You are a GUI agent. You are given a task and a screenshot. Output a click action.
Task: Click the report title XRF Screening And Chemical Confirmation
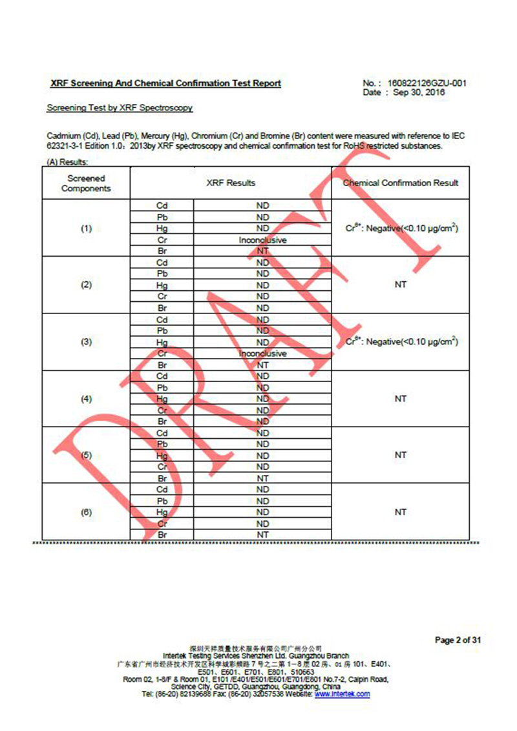coord(165,83)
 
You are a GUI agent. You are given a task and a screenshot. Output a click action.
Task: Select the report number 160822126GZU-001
coord(427,83)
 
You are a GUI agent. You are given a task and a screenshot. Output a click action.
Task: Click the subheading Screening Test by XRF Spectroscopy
coord(120,108)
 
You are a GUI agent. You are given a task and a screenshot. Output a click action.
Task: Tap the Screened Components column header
coord(86,184)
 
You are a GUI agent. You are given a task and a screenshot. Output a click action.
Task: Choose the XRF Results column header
coord(231,184)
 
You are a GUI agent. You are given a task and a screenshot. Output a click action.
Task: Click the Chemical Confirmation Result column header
coord(401,183)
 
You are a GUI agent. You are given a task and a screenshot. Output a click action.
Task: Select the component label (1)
coord(86,229)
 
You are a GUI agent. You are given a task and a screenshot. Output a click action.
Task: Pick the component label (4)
coord(86,399)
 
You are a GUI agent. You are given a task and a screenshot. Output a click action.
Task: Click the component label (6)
coord(86,512)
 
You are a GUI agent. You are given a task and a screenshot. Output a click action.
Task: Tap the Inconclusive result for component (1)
coord(262,240)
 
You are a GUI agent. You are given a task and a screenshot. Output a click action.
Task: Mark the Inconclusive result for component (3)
coord(262,354)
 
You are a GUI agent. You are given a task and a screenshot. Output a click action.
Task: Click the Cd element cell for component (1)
coord(162,206)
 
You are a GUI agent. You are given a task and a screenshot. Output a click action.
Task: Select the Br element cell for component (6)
coord(162,535)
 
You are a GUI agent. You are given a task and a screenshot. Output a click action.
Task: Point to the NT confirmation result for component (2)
coord(401,285)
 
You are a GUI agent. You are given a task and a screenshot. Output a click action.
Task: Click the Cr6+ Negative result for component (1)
coord(401,228)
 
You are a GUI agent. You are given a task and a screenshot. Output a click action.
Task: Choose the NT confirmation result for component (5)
coord(401,455)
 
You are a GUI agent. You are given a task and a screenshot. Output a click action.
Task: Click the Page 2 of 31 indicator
coord(458,641)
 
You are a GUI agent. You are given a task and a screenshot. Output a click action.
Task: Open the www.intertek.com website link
coord(342,694)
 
